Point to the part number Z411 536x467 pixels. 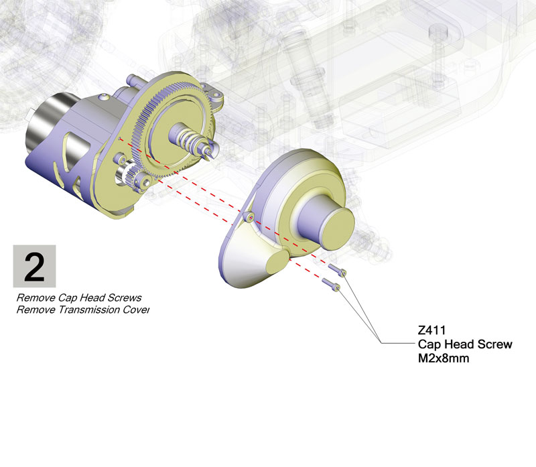pos(431,330)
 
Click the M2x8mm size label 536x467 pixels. pos(444,358)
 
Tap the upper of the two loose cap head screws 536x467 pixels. pos(337,270)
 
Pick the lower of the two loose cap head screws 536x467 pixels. pos(331,285)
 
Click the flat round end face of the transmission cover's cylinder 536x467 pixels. pos(337,228)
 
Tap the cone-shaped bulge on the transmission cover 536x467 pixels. pos(255,261)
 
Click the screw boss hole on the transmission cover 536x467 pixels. pos(251,217)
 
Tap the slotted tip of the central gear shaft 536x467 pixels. pos(209,152)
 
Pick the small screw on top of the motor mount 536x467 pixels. pos(105,98)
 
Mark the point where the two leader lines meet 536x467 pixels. pos(381,343)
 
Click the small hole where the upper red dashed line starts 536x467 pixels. pos(120,139)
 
